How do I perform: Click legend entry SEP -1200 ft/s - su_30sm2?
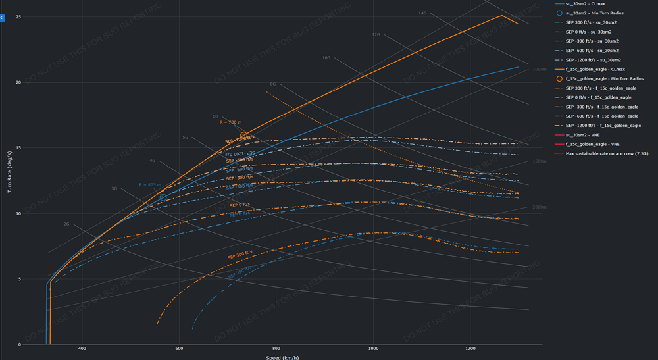point(592,60)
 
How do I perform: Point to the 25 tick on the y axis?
point(18,17)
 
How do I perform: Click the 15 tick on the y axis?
point(18,148)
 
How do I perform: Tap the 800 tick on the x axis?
point(276,349)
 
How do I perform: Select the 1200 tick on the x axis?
point(470,349)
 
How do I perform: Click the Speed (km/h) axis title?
point(283,357)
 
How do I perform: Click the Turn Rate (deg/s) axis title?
point(9,178)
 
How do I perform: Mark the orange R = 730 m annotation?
point(230,122)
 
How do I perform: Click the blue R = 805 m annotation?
point(150,185)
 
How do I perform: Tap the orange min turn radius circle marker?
point(243,136)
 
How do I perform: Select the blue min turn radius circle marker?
point(163,197)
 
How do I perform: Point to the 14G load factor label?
point(422,13)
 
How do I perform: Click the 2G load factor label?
point(66,224)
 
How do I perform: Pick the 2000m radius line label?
point(539,207)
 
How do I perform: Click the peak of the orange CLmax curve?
point(503,16)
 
